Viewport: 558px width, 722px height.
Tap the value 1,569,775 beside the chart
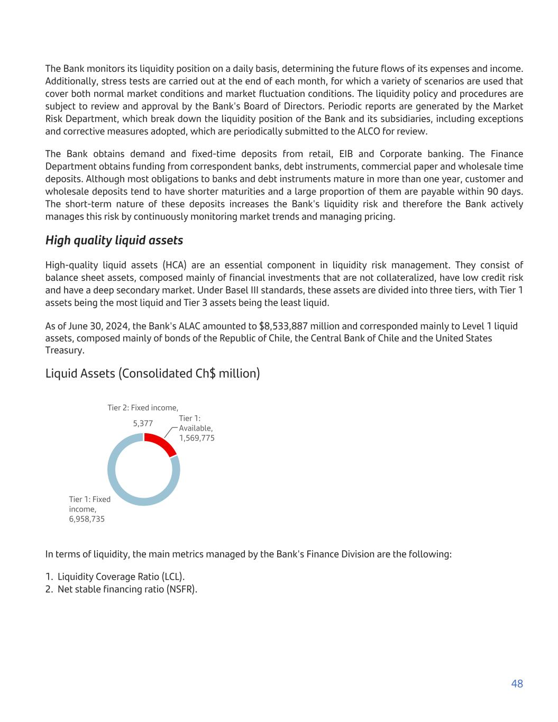196,438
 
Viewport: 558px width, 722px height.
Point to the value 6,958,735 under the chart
87,519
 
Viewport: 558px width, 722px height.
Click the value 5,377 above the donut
143,423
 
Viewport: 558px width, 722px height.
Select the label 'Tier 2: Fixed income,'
143,408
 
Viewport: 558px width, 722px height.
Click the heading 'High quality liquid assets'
114,240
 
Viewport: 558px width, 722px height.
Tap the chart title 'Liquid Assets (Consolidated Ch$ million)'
152,373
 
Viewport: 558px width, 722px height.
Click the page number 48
517,684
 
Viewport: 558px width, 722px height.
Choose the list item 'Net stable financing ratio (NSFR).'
127,589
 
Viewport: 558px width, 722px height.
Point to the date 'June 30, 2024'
85,326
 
